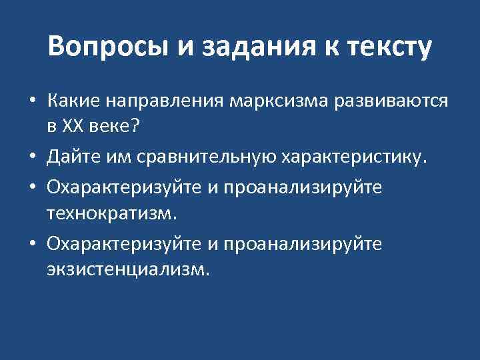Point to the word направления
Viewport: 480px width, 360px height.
click(167, 102)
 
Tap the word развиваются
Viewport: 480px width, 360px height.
click(389, 102)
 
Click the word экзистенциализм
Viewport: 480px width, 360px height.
click(128, 269)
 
